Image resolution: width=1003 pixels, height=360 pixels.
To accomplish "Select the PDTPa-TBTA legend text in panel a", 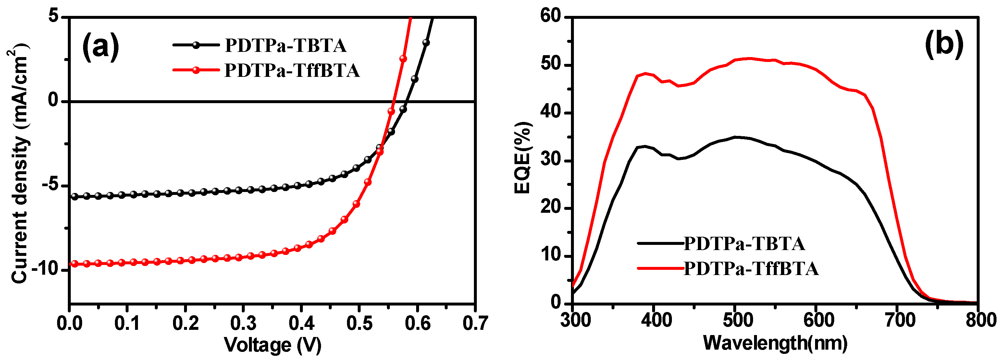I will (285, 45).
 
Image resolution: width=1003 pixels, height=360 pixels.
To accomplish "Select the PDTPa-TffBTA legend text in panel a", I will (292, 70).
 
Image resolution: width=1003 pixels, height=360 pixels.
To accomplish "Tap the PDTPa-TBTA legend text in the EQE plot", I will (744, 244).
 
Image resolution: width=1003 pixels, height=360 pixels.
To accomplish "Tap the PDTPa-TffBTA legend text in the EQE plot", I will (751, 269).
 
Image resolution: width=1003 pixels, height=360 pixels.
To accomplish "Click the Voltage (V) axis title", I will (273, 345).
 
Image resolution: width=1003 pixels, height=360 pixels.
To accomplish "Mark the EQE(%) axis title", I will (523, 158).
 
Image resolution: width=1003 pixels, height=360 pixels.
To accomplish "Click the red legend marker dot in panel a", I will (196, 70).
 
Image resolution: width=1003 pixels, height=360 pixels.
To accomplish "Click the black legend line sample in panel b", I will (661, 243).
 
